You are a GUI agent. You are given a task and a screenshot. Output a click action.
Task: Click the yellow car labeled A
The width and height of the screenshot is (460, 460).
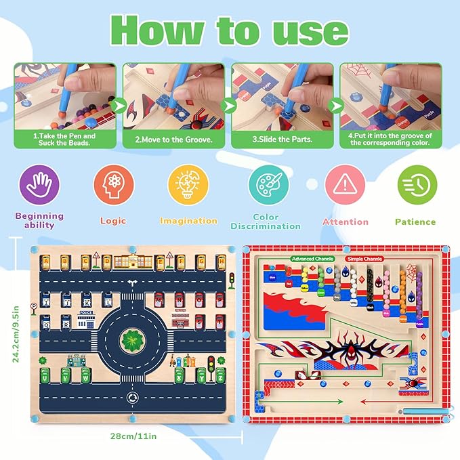(x=46, y=262)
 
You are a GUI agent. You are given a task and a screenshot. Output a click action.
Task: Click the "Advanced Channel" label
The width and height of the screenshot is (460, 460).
(x=312, y=259)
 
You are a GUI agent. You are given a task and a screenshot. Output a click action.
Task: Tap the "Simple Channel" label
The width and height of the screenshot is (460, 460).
(x=364, y=259)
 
